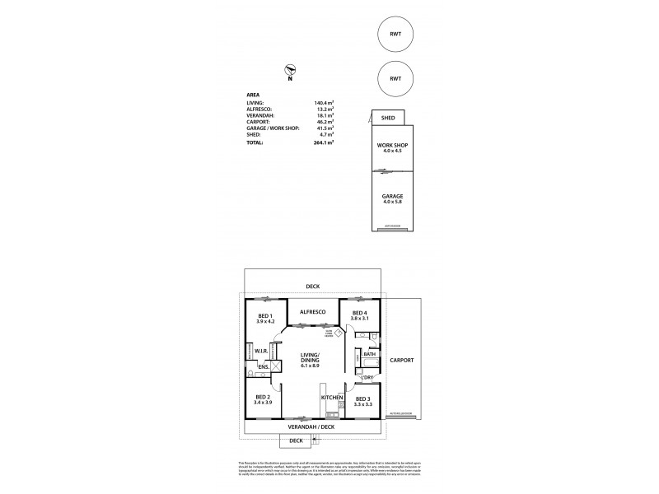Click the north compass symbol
(x=289, y=71)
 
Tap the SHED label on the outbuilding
(x=387, y=118)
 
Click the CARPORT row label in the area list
(x=260, y=122)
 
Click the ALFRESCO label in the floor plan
(x=313, y=311)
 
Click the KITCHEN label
(x=332, y=398)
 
